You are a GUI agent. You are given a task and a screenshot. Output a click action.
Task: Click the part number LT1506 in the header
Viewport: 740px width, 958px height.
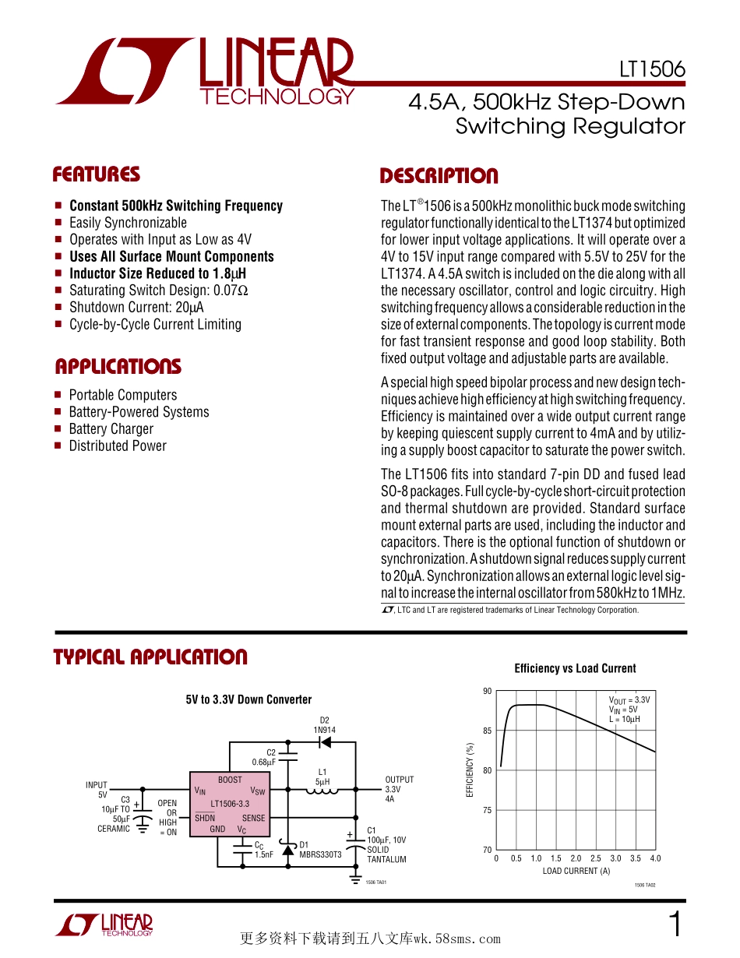652,69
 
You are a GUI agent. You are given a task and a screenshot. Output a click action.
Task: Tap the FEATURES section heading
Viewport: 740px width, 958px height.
97,174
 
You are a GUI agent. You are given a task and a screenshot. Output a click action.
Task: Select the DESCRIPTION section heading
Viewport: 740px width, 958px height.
439,176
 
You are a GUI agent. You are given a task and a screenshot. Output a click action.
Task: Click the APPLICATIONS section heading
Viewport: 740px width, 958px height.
118,367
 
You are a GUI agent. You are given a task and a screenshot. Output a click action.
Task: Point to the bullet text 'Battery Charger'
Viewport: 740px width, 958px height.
111,429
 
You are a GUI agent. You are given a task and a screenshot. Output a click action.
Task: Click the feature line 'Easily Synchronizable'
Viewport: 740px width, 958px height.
128,223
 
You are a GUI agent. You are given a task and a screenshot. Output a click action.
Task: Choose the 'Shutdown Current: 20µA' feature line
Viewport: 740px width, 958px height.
136,307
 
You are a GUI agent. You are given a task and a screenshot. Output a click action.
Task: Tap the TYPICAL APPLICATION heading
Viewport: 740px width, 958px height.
150,657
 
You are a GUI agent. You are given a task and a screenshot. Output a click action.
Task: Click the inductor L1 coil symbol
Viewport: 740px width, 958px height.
321,792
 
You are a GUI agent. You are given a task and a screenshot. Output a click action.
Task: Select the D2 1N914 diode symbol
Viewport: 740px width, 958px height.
325,741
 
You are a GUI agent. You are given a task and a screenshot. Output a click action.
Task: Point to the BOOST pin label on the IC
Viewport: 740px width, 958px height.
230,780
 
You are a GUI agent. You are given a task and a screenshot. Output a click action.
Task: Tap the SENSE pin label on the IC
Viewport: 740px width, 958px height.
253,819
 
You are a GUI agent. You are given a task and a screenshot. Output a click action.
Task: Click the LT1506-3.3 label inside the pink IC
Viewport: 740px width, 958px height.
230,803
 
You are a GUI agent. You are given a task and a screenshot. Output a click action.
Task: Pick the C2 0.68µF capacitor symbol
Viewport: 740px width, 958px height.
287,755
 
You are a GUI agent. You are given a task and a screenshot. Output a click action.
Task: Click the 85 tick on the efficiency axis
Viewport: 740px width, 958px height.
487,731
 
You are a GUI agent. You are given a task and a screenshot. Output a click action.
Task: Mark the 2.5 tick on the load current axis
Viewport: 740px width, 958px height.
595,858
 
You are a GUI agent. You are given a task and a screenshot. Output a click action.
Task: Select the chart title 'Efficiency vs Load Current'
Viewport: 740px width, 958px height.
575,668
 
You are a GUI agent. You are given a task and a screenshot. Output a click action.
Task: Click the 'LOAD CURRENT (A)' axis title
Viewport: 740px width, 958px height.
576,871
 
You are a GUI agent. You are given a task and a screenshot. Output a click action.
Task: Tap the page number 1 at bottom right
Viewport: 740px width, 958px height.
675,925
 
